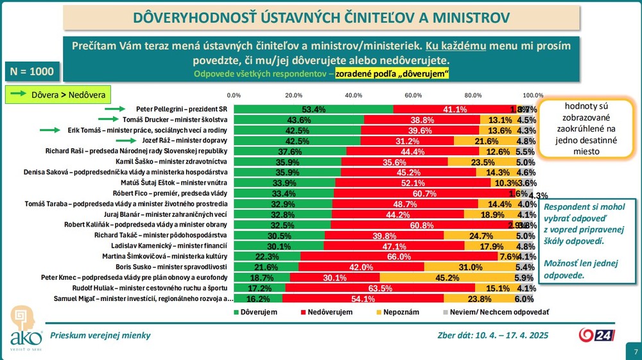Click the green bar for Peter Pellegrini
click(x=313, y=109)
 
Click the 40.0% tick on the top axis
click(x=354, y=95)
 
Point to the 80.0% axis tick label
click(x=473, y=95)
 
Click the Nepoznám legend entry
click(x=398, y=311)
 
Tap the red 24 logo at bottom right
click(x=598, y=335)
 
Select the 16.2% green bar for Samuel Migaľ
click(x=258, y=298)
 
